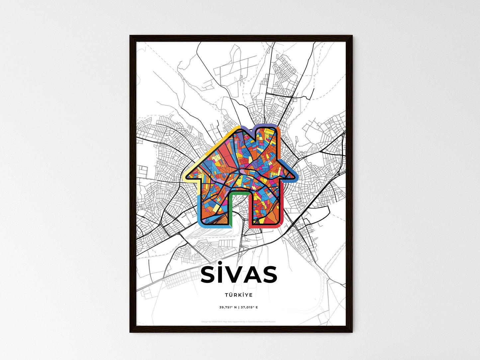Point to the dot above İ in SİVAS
(x=221, y=265)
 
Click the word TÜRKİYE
(x=239, y=295)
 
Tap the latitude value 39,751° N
(x=228, y=307)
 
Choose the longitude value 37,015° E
(x=249, y=307)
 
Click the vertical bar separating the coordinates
(x=239, y=307)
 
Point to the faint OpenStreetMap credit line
(x=239, y=321)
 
